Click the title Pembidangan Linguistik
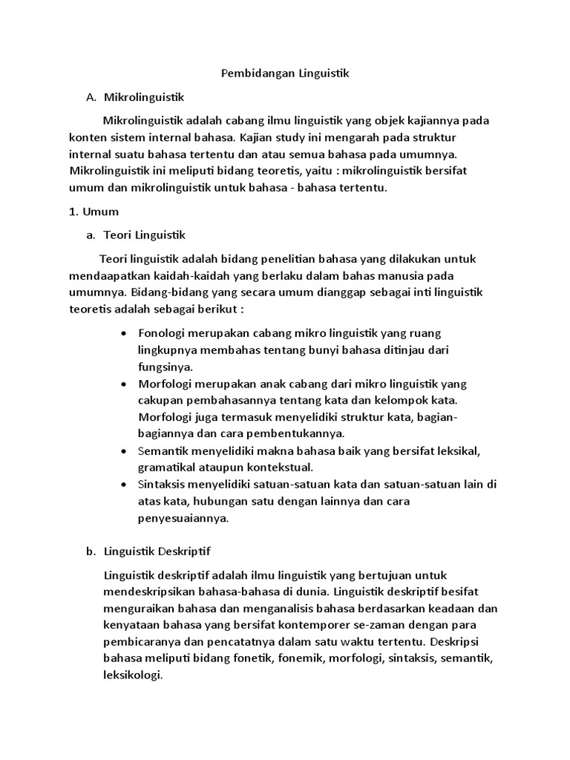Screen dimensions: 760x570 (285, 73)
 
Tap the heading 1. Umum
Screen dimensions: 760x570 (94, 212)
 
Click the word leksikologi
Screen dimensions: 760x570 (133, 675)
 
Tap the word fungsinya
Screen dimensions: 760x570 (165, 367)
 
